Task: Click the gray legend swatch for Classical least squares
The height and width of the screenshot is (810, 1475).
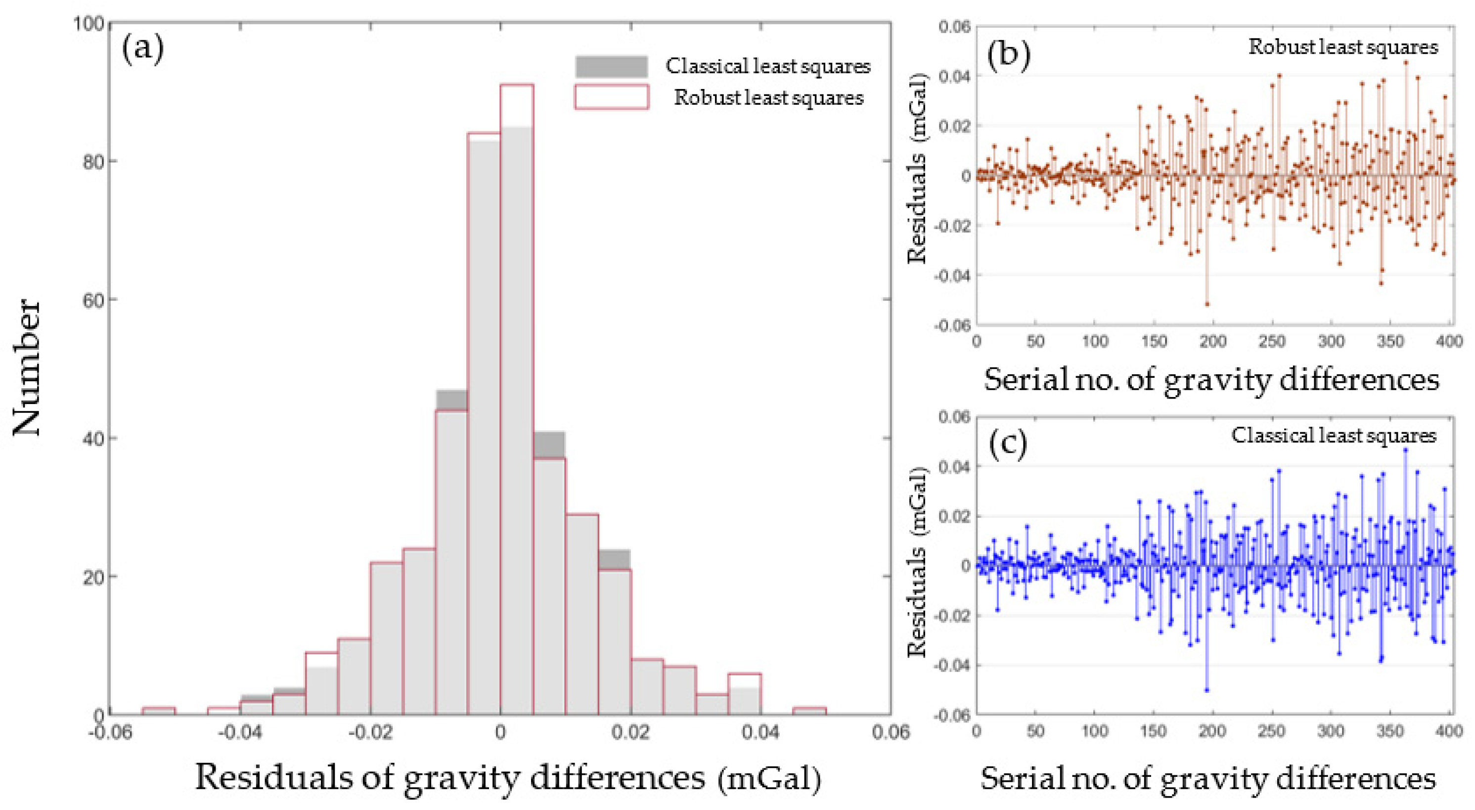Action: point(612,66)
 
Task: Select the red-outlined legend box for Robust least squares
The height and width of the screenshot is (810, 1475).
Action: point(612,97)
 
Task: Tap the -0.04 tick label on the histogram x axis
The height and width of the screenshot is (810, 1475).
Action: point(240,733)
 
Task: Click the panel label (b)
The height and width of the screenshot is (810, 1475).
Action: point(1009,55)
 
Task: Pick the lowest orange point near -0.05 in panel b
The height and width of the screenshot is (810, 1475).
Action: point(1207,304)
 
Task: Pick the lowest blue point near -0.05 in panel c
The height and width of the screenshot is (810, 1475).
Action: point(1207,690)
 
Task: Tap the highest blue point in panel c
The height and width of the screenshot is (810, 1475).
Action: point(1405,450)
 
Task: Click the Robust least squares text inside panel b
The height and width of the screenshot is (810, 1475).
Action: point(1343,46)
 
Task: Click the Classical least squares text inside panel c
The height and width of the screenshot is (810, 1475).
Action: point(1334,436)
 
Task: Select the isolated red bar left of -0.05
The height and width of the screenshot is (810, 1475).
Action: point(159,711)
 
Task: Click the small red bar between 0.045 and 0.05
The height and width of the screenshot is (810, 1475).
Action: point(809,711)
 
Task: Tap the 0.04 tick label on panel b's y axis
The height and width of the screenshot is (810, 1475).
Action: point(953,76)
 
